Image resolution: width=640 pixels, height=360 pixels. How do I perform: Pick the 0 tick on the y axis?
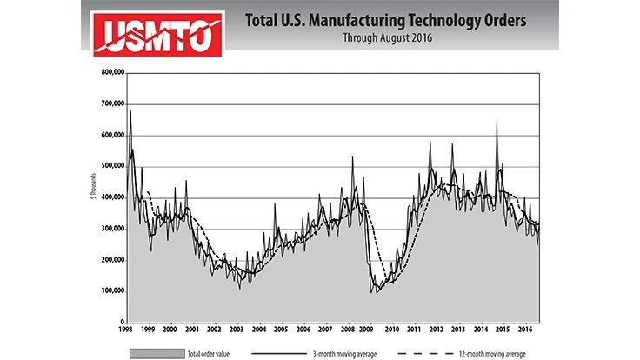120,322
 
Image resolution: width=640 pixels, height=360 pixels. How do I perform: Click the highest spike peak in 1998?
130,110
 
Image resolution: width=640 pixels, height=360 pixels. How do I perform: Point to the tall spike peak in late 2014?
497,124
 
